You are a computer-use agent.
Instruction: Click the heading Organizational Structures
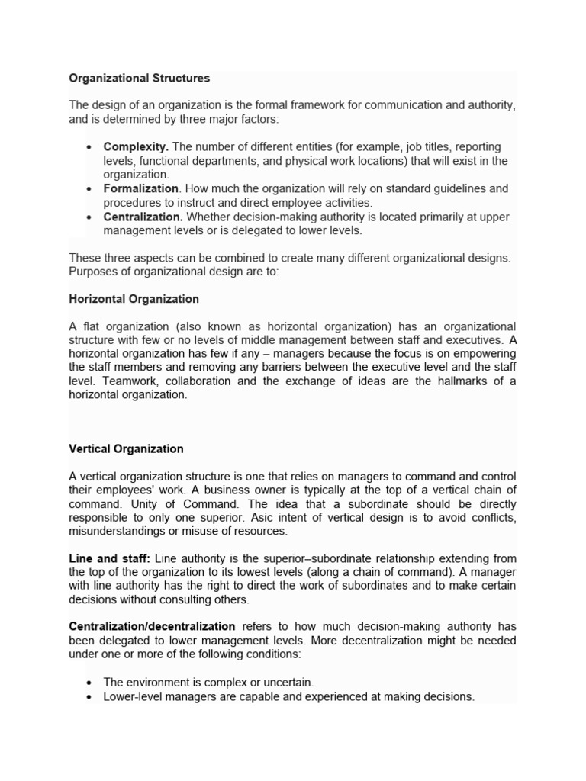pos(139,78)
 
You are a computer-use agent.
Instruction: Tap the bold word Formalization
pos(141,188)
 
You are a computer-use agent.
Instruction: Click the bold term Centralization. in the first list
pos(143,217)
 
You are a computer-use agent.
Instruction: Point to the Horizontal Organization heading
pos(134,299)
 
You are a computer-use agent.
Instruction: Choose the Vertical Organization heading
pos(126,449)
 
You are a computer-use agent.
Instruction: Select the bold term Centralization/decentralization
pos(152,627)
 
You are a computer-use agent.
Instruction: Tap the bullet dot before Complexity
pos(90,146)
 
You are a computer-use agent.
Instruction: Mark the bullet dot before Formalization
pos(90,188)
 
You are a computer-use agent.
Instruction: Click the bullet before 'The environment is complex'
pos(90,683)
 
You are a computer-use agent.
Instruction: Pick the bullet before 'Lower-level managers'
pos(90,697)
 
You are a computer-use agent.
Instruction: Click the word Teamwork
pos(127,381)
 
